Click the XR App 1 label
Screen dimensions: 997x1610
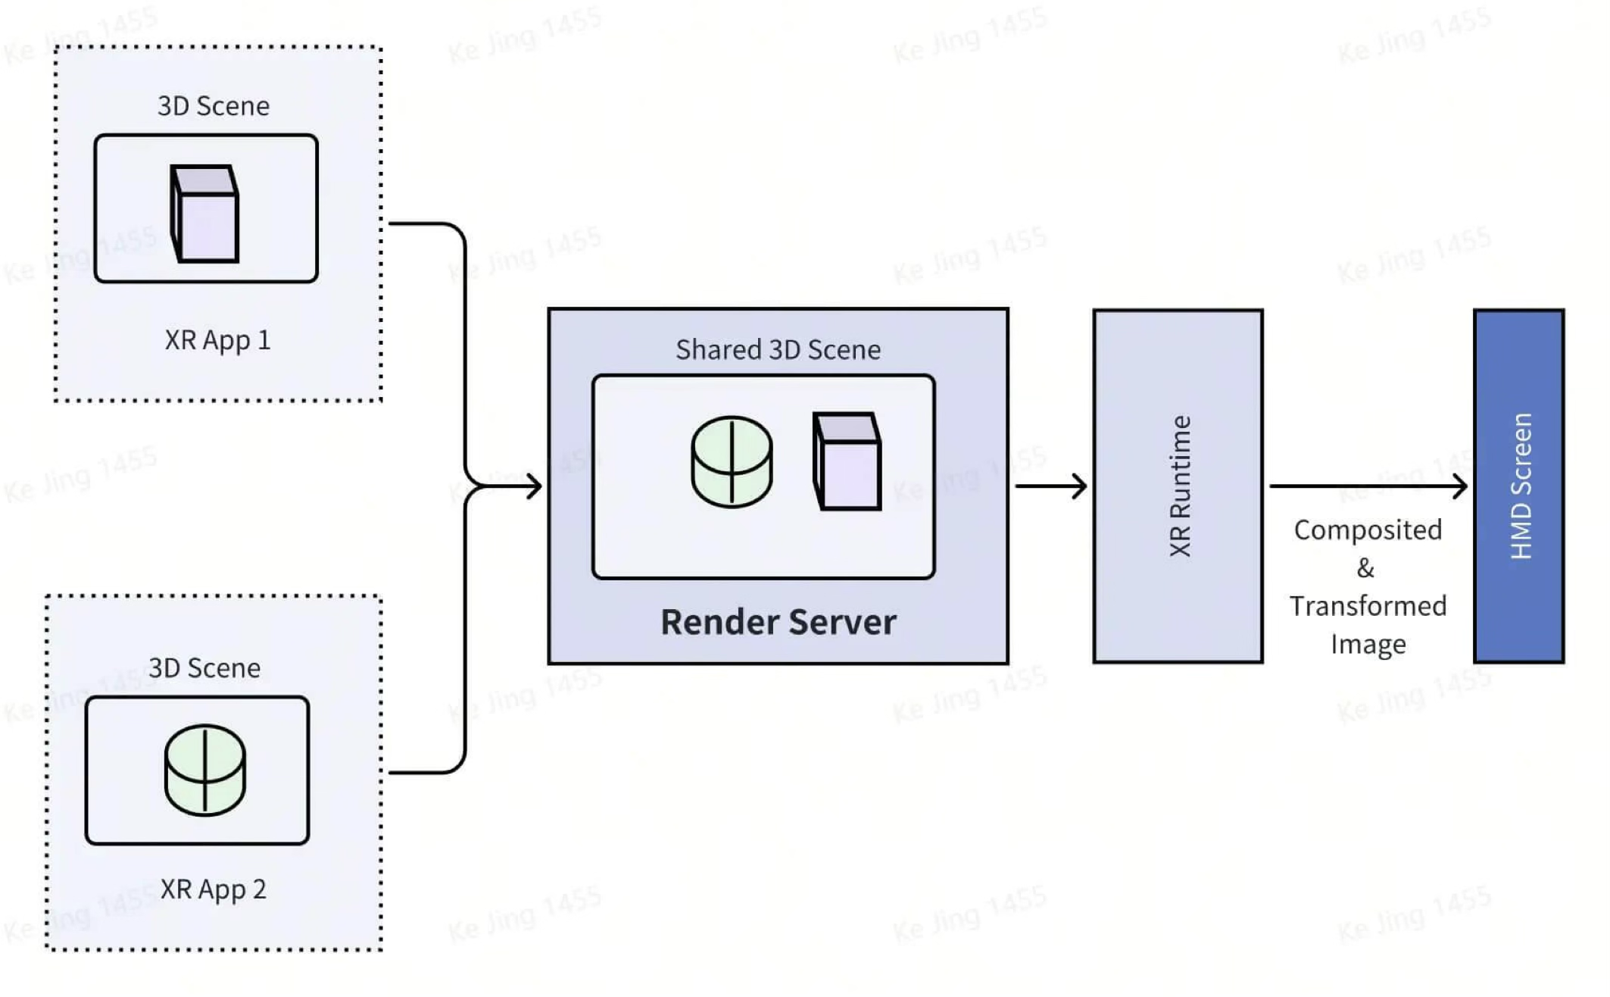pos(217,340)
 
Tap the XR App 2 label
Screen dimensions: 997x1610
pos(213,889)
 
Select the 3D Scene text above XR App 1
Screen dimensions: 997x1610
pos(213,106)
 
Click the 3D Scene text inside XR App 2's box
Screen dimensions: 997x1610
pos(204,668)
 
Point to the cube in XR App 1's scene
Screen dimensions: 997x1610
pos(204,215)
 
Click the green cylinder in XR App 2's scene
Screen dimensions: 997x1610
pos(204,770)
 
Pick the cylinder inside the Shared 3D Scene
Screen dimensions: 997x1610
pos(732,461)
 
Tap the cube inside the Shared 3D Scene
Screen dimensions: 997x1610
pos(847,461)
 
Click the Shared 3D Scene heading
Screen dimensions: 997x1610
pos(778,350)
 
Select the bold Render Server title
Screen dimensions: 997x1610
pos(778,622)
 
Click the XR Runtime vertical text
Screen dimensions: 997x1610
pos(1180,486)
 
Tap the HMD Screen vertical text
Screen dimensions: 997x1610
pos(1521,486)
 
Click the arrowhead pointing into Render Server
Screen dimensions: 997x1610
pos(535,486)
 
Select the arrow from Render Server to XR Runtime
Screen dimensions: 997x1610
pos(1050,486)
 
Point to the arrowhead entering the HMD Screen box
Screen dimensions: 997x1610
pos(1460,486)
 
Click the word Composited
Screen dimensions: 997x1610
pos(1367,530)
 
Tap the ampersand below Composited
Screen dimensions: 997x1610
pos(1365,568)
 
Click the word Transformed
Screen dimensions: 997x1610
pos(1368,606)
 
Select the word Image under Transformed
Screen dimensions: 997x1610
pos(1368,645)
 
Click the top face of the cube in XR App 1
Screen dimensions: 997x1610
pos(203,180)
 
